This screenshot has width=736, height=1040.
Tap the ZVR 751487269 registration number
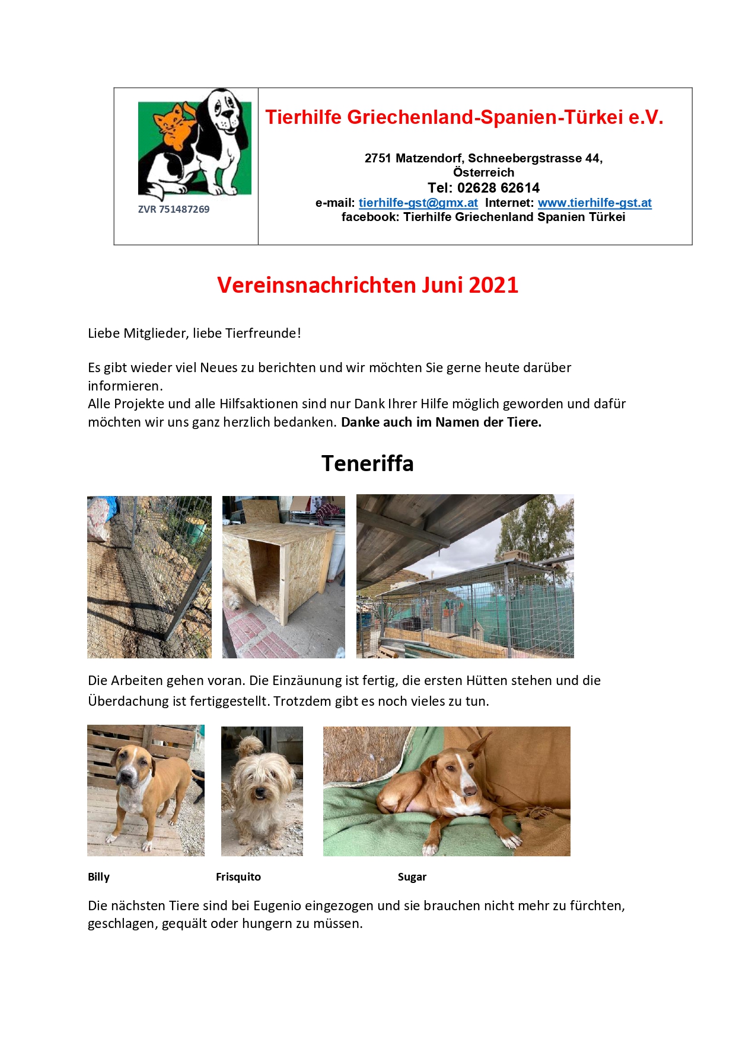(x=173, y=209)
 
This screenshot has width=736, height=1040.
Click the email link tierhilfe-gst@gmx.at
(x=418, y=203)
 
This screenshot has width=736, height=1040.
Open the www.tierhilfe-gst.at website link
(x=594, y=203)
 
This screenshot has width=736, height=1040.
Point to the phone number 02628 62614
(x=498, y=188)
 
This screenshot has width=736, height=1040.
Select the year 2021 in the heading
(x=493, y=285)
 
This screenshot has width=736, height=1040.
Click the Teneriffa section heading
(x=367, y=463)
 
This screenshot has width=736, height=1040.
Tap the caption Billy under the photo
(x=98, y=877)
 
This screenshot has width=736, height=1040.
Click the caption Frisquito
(x=238, y=877)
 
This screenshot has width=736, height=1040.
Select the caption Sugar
(x=412, y=877)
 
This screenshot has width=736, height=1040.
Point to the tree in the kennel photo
(x=537, y=527)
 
